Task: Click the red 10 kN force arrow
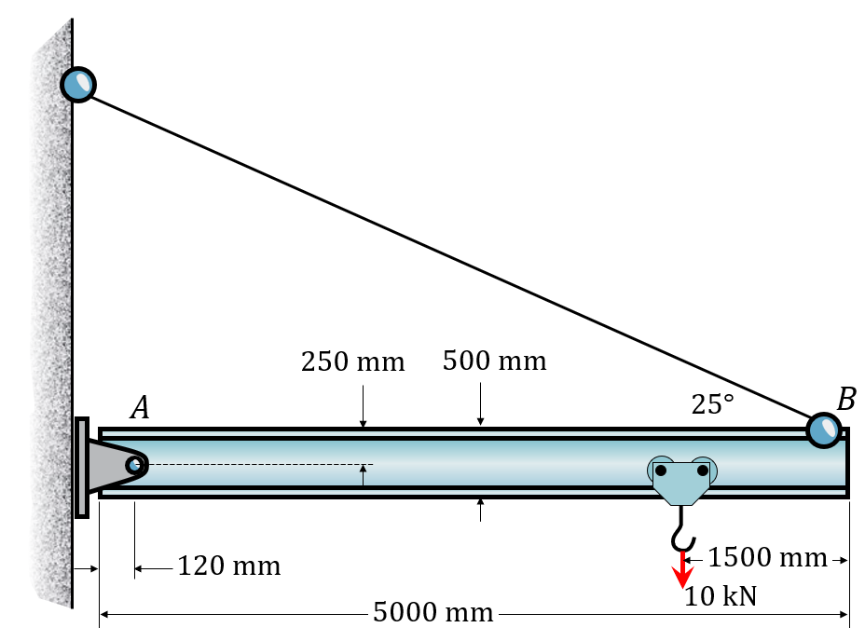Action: (683, 571)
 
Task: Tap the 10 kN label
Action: (721, 596)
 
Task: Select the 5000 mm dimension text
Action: (432, 613)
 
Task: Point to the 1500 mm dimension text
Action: (767, 558)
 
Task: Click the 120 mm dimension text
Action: (229, 566)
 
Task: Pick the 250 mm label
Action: (353, 361)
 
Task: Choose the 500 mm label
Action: (495, 360)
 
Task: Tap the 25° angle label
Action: (713, 404)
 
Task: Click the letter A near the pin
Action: (140, 408)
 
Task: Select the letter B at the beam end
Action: (845, 400)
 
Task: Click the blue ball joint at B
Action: (825, 430)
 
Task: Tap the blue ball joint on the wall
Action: (78, 84)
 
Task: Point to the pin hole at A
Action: (135, 464)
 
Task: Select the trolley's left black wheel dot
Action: (661, 471)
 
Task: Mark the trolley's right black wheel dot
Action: (702, 471)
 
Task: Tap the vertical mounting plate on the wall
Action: (82, 467)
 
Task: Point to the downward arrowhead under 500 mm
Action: (481, 422)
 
